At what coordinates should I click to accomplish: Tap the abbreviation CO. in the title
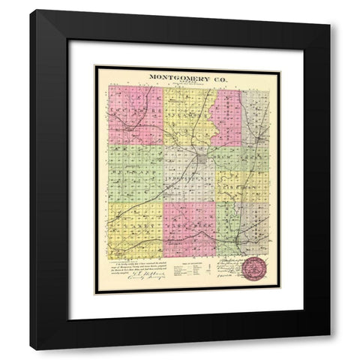pyautogui.click(x=217, y=76)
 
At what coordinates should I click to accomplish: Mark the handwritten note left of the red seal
pyautogui.click(x=229, y=270)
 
